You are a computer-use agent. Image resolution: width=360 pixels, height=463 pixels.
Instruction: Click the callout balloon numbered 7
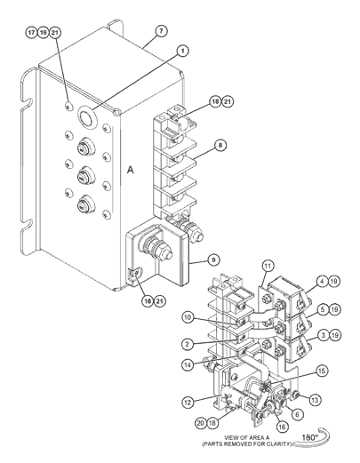click(161, 31)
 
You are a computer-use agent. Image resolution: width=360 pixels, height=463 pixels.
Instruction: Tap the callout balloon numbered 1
click(183, 51)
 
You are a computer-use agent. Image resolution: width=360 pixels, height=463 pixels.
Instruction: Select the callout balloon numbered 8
click(220, 146)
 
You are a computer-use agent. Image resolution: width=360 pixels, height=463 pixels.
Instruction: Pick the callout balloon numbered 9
click(213, 259)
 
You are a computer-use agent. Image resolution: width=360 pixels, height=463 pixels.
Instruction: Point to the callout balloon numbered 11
click(268, 266)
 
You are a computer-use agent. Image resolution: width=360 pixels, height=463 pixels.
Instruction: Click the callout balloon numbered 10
click(188, 317)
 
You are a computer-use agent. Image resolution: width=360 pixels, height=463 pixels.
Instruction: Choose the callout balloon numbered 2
click(188, 344)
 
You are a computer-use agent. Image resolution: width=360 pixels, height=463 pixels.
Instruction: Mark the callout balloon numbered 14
click(188, 365)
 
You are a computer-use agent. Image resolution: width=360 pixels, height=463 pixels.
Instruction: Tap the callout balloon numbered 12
click(188, 403)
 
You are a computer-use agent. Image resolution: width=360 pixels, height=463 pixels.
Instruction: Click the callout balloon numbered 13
click(315, 400)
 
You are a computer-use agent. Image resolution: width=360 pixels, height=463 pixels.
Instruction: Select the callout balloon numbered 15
click(322, 371)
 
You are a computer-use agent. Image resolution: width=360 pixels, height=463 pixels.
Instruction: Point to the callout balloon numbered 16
click(282, 427)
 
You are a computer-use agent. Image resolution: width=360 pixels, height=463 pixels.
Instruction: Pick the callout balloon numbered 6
click(298, 414)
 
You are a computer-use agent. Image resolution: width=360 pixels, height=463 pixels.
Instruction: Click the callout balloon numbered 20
click(201, 423)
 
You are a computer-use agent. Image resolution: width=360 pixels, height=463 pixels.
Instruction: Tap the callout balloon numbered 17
click(31, 32)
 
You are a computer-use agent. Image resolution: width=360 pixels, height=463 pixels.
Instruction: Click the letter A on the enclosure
click(131, 170)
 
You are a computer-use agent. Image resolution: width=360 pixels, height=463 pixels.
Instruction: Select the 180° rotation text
click(309, 437)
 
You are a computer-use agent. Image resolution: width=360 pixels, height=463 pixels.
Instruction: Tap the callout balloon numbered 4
click(323, 281)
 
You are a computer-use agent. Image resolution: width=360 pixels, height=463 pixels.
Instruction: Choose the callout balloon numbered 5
click(323, 309)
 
